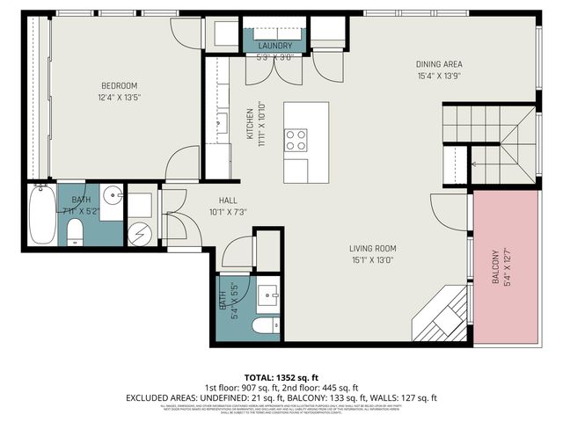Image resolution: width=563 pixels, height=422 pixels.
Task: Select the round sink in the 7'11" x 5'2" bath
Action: click(111, 196)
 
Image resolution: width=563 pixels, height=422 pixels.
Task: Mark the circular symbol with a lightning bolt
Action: click(139, 233)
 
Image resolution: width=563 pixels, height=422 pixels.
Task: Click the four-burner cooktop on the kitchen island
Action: click(296, 140)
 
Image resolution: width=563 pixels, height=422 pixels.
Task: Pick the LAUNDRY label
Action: click(274, 46)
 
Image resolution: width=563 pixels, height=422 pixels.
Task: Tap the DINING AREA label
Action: click(438, 64)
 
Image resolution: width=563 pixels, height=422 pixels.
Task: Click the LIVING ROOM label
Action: click(373, 249)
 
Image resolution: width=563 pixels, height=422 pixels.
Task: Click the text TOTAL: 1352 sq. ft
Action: click(281, 375)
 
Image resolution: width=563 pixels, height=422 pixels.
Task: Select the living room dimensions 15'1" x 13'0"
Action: click(373, 260)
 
